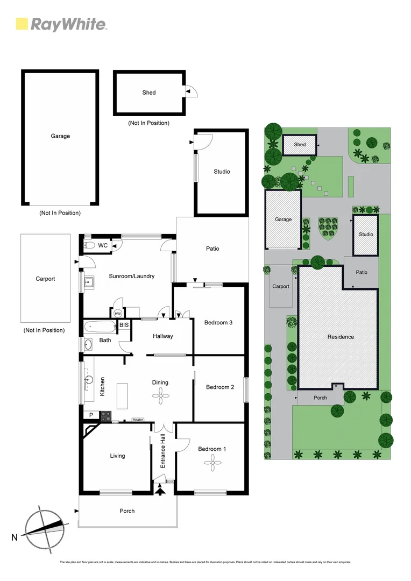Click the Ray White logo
click(61, 24)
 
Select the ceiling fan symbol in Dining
click(160, 396)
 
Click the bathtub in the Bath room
click(100, 326)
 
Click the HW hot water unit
click(117, 313)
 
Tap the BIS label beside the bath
click(124, 325)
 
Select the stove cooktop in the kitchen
click(105, 415)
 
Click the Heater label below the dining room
click(138, 420)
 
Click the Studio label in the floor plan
click(222, 172)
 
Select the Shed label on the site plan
click(300, 145)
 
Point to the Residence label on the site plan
click(341, 337)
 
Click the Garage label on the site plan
click(283, 219)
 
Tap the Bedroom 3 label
click(218, 323)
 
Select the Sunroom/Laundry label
click(132, 276)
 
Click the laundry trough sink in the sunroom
click(89, 281)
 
